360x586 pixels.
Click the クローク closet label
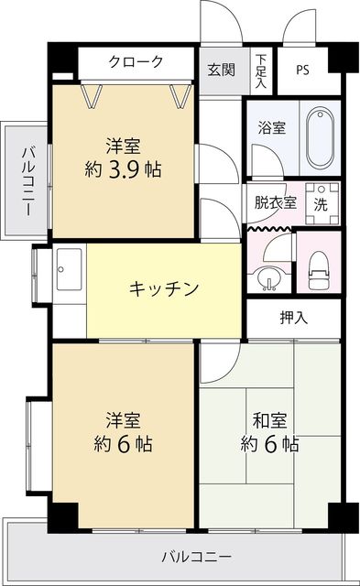136,62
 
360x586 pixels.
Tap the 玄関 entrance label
221,69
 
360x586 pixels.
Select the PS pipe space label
302,70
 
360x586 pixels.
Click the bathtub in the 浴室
321,135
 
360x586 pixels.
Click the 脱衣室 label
275,202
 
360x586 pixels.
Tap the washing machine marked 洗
322,203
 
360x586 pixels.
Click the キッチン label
164,288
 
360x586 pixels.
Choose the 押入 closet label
294,319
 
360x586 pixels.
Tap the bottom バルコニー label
196,556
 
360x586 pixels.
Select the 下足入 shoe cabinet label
261,71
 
